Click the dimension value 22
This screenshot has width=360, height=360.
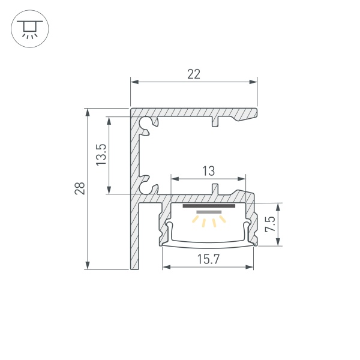point(193,74)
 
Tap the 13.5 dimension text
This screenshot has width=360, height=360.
point(101,155)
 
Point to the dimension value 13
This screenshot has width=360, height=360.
point(208,171)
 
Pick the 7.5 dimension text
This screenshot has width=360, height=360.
point(271,224)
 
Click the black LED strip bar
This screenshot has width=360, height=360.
point(208,206)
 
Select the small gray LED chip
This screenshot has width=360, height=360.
point(208,212)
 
